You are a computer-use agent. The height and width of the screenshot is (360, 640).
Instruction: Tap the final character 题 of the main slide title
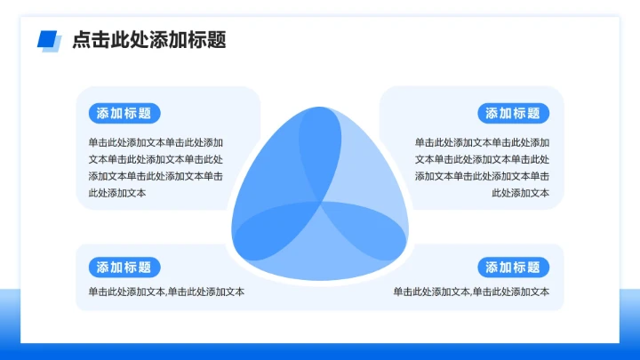tap(216, 40)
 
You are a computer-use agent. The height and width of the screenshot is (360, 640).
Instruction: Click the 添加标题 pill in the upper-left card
tap(124, 113)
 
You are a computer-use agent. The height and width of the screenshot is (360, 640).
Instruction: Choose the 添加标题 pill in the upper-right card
tap(514, 113)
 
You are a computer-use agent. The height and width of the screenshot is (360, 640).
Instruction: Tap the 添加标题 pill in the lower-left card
tap(124, 268)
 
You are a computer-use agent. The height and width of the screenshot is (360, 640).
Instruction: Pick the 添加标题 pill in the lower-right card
tap(514, 268)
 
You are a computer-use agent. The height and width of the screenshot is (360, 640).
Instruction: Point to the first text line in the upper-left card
tap(156, 142)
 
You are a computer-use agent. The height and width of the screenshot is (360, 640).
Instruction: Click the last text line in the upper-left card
tap(116, 193)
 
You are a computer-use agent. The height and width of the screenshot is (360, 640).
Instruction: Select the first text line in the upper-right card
tap(482, 142)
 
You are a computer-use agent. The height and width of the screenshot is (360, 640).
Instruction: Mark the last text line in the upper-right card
tap(520, 193)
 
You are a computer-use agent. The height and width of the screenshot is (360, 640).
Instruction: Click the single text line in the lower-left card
tap(166, 292)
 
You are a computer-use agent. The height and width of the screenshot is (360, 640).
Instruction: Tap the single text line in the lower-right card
tap(471, 292)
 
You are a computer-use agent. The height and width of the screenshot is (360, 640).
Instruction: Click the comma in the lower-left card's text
tap(165, 293)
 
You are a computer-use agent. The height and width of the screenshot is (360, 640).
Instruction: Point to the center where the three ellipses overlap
tap(320, 204)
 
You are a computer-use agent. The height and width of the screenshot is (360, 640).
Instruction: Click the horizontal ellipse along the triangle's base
tap(320, 244)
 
